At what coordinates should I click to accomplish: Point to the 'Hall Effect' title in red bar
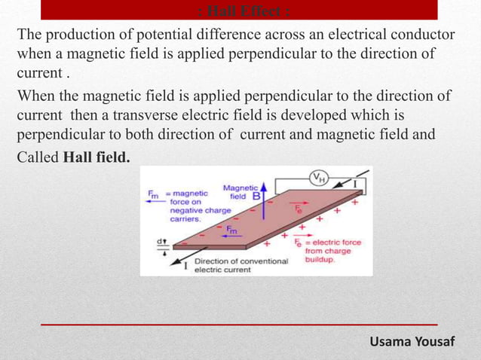coord(239,11)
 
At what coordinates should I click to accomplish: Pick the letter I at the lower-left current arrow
coord(185,264)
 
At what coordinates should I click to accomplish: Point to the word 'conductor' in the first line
coord(423,36)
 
